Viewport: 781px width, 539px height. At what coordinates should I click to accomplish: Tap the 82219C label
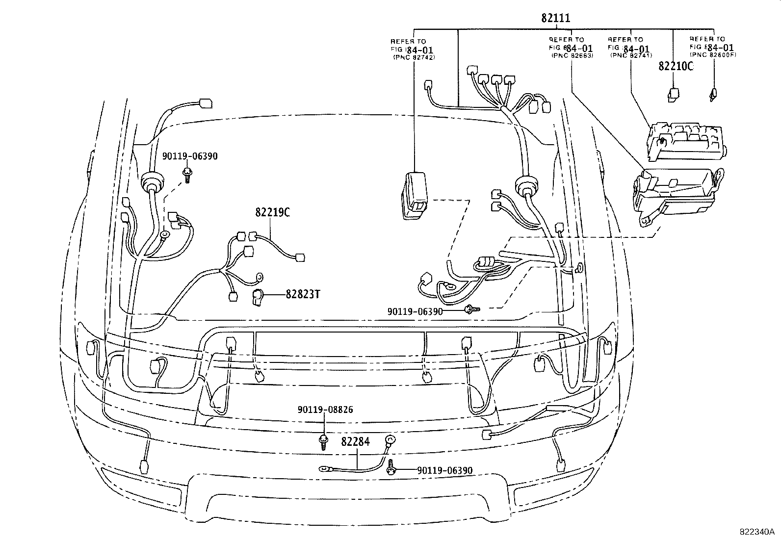272,212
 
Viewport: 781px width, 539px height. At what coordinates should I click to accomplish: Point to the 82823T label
303,294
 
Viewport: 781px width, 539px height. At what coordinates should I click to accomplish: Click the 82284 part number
355,442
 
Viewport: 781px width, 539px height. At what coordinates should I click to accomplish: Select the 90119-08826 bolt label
325,410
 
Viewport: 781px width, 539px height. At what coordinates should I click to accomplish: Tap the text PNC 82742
415,57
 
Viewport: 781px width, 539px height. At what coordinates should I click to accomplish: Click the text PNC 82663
572,56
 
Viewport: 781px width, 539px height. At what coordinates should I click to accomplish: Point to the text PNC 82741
631,56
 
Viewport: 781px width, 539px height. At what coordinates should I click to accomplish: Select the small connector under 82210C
674,94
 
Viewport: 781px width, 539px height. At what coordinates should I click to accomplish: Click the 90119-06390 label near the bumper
444,470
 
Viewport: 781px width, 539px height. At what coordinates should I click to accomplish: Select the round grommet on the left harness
151,184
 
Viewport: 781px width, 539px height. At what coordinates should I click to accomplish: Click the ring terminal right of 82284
390,439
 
